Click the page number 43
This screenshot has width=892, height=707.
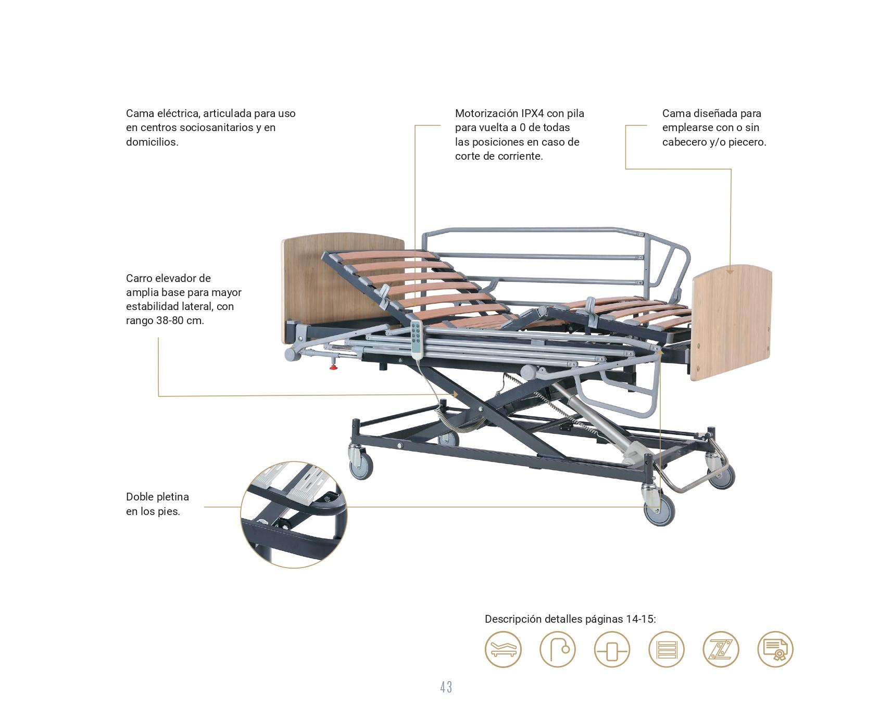(446, 687)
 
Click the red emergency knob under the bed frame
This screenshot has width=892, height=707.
(333, 368)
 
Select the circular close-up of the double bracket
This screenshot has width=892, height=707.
(294, 514)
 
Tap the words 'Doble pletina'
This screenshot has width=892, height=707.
(157, 497)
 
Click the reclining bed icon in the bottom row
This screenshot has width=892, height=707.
(503, 649)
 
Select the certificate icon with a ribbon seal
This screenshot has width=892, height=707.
(775, 649)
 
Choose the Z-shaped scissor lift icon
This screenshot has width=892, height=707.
(721, 649)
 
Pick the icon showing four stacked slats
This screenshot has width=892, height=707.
(667, 649)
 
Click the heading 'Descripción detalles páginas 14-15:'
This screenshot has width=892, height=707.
(570, 619)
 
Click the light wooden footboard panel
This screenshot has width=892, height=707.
(732, 323)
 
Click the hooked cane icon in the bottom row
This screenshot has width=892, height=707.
(558, 649)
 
